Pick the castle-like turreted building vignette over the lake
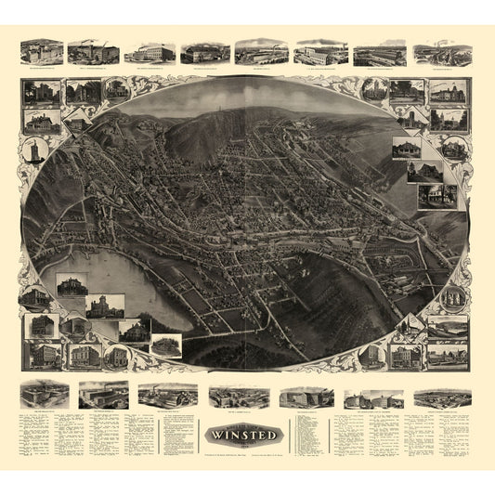tap(105, 306)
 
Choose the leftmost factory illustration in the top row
tap(41, 51)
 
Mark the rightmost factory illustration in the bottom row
tap(442, 397)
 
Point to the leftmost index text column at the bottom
tap(33, 436)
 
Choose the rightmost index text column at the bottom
tap(455, 436)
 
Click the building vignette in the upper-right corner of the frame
tap(449, 93)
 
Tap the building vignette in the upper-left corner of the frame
tap(43, 93)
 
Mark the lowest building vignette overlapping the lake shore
tap(166, 345)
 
